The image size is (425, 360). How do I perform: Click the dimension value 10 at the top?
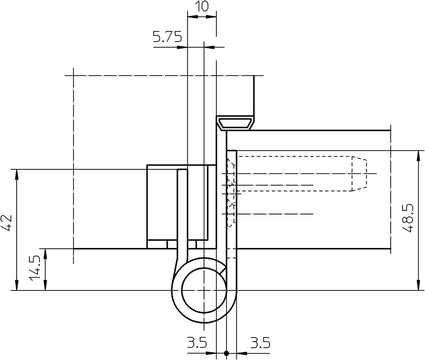pyautogui.click(x=202, y=6)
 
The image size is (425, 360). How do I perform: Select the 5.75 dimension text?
pyautogui.click(x=167, y=37)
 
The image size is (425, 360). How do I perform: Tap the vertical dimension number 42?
pyautogui.click(x=6, y=223)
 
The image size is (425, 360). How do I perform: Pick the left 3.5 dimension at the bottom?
pyautogui.click(x=197, y=343)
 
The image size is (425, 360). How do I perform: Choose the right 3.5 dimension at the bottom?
pyautogui.click(x=260, y=343)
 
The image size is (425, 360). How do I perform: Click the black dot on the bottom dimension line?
pyautogui.click(x=227, y=353)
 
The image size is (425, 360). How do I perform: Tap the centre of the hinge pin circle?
pyautogui.click(x=204, y=290)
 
